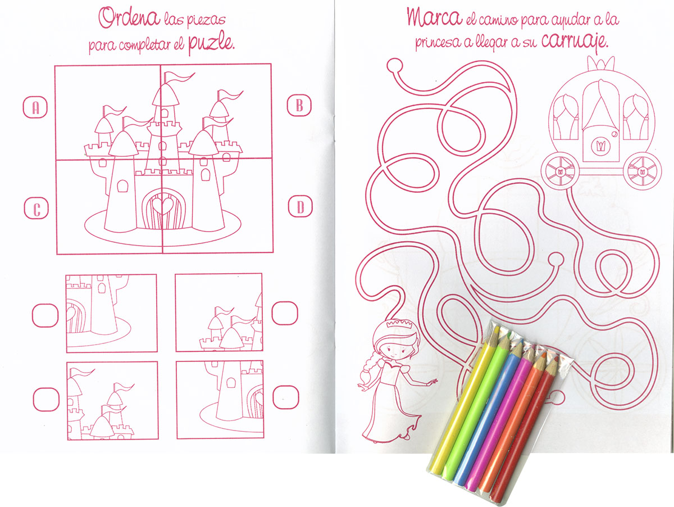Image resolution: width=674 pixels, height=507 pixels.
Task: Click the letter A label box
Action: pyautogui.click(x=35, y=107)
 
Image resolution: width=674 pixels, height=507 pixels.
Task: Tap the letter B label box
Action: pyautogui.click(x=299, y=106)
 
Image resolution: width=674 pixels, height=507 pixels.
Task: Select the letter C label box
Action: pyautogui.click(x=37, y=209)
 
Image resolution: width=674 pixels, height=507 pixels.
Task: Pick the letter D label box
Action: pyautogui.click(x=300, y=206)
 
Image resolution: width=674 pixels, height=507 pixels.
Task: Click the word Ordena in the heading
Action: pyautogui.click(x=129, y=18)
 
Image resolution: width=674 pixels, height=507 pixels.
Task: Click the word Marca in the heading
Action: pyautogui.click(x=435, y=17)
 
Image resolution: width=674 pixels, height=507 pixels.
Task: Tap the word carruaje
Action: pyautogui.click(x=575, y=42)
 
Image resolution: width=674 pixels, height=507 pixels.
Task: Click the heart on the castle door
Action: pyautogui.click(x=163, y=205)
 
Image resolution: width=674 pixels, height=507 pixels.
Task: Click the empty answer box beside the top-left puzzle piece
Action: pyautogui.click(x=45, y=315)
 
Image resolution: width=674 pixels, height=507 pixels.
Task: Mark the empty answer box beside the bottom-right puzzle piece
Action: pyautogui.click(x=285, y=397)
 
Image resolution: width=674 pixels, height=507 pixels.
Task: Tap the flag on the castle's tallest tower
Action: pyautogui.click(x=179, y=78)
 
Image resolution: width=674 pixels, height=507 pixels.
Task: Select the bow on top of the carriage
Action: pyautogui.click(x=601, y=64)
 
